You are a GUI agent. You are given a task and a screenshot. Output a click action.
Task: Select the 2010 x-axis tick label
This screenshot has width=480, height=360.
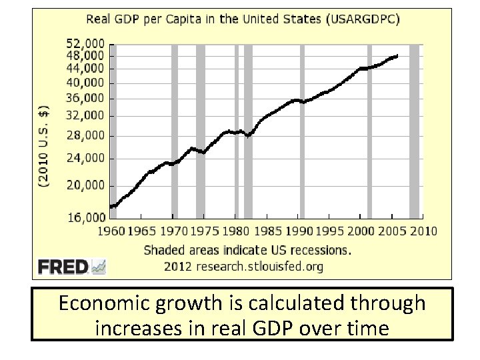pyautogui.click(x=423, y=231)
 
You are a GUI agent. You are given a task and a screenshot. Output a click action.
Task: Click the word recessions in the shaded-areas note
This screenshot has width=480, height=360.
pyautogui.click(x=319, y=251)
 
